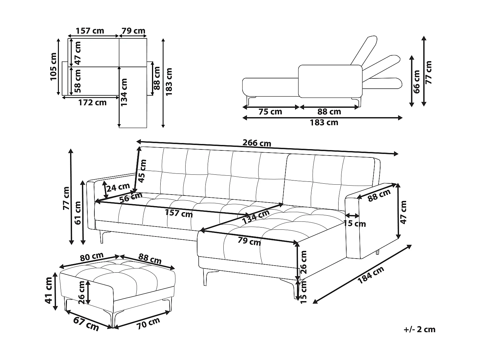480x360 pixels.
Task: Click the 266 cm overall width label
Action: (x=257, y=143)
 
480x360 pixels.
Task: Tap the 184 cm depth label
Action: (x=371, y=275)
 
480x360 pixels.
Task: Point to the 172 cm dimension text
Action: (x=92, y=103)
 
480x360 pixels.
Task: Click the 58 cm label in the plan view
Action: (x=78, y=81)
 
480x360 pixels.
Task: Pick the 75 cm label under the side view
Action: (x=270, y=112)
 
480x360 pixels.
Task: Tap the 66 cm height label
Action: (x=416, y=82)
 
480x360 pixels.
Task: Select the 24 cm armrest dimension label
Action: (x=118, y=187)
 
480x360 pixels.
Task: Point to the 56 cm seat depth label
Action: (x=131, y=197)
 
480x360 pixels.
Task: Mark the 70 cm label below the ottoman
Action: (x=148, y=324)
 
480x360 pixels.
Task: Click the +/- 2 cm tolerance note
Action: (x=420, y=330)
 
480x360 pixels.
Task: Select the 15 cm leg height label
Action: (x=304, y=291)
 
